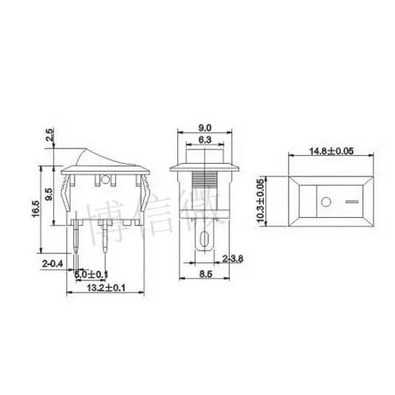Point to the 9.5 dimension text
pyautogui.click(x=50, y=195)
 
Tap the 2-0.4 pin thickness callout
pyautogui.click(x=52, y=261)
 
